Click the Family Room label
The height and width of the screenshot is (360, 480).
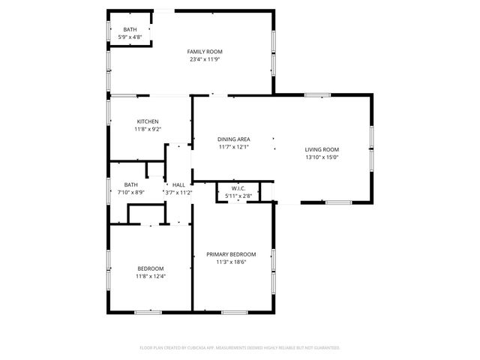[205, 52]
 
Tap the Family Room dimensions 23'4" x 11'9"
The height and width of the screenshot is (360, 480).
[205, 59]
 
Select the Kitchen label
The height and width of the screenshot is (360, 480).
[148, 121]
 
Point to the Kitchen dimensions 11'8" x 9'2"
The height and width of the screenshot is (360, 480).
[148, 129]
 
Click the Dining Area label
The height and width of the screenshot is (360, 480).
[234, 139]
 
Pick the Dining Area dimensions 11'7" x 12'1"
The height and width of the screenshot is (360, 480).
[234, 147]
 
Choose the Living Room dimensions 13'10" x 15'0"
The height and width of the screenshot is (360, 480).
[322, 157]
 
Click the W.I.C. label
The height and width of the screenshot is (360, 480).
[238, 188]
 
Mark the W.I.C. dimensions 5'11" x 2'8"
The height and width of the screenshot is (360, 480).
[238, 196]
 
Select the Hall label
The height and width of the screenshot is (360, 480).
[178, 184]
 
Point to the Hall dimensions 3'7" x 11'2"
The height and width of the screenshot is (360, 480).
[178, 193]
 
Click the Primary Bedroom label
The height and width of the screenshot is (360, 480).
[231, 254]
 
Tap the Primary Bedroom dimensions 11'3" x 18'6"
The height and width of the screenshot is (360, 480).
[231, 262]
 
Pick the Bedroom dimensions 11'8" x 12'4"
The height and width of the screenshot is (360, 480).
[150, 276]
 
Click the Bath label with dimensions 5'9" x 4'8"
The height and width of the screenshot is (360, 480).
[130, 29]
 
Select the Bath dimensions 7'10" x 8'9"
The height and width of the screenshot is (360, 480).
[131, 193]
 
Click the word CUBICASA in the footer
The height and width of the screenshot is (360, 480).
[208, 348]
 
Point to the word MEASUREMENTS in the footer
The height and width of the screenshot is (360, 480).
[250, 348]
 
